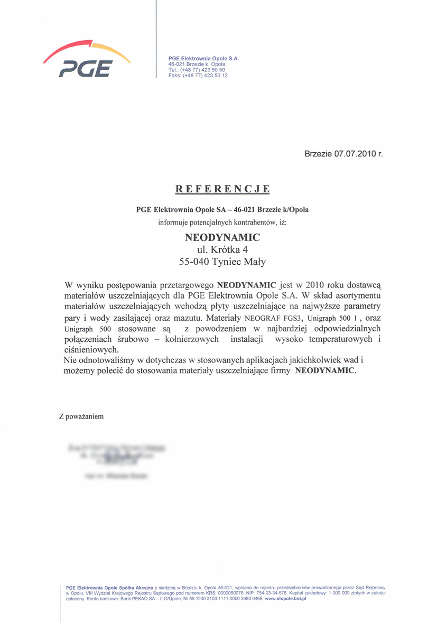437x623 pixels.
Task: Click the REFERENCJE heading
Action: coord(222,189)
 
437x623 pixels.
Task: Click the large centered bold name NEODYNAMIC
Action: coord(222,238)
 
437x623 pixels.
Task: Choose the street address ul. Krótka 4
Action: coord(222,249)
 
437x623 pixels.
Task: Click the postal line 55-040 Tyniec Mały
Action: coord(222,261)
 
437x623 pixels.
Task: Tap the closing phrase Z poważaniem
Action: coord(81,416)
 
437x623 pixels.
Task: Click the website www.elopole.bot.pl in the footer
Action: coord(286,599)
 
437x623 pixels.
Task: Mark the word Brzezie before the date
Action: coord(319,154)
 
